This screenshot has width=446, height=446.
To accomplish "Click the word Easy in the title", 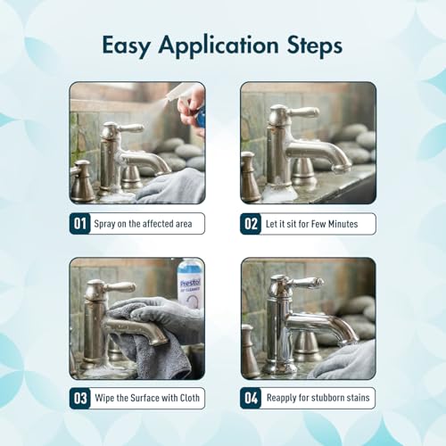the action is (x=126, y=46).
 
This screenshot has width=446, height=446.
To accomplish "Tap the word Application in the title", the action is (x=219, y=45).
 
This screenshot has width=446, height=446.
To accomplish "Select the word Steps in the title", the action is (x=315, y=46).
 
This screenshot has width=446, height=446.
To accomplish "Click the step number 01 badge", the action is (x=79, y=224).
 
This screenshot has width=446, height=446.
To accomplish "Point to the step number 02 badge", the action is (x=251, y=224).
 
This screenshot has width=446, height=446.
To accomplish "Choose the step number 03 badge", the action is (x=79, y=398).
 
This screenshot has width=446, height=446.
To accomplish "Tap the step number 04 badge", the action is (x=251, y=398).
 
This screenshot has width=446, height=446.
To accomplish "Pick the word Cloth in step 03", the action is (x=190, y=398).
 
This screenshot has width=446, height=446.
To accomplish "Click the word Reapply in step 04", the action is (x=279, y=398).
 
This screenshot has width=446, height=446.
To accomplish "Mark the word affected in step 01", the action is (x=159, y=224).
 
